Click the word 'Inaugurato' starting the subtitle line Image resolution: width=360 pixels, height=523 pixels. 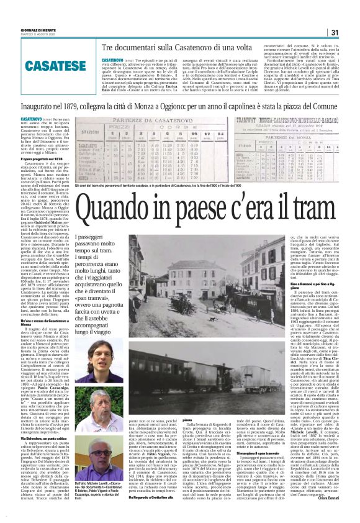[x=35, y=106]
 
